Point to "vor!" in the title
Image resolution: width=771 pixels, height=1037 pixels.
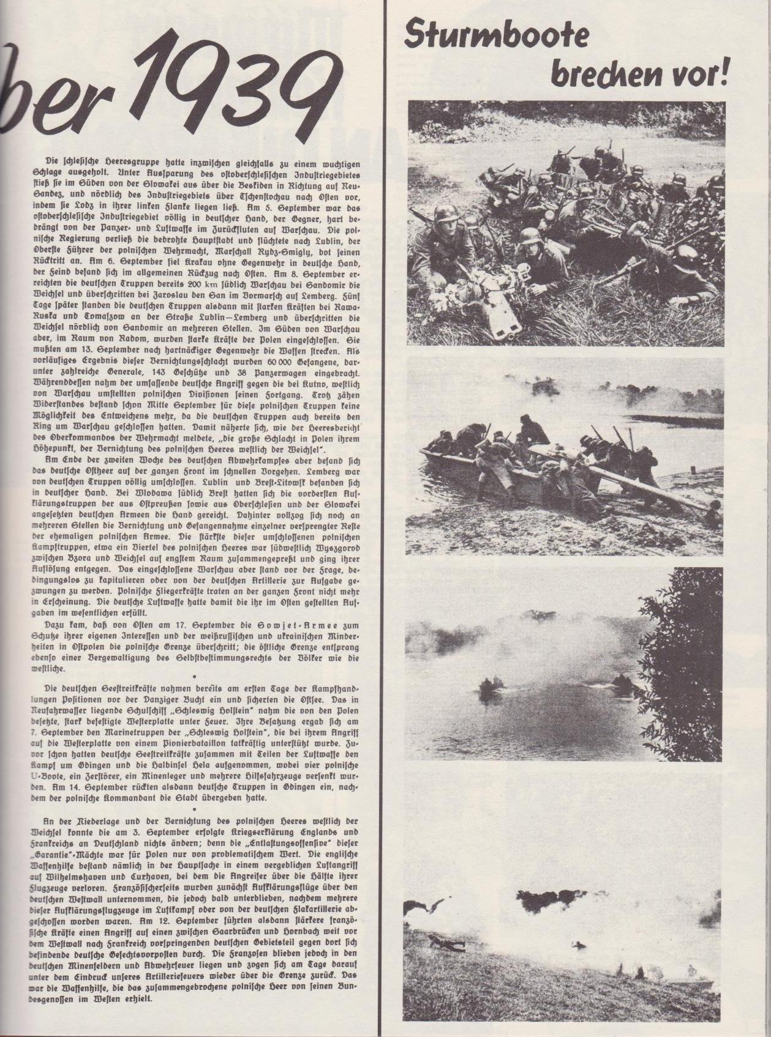pyautogui.click(x=701, y=74)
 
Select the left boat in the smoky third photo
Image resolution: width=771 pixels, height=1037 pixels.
pyautogui.click(x=488, y=685)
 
